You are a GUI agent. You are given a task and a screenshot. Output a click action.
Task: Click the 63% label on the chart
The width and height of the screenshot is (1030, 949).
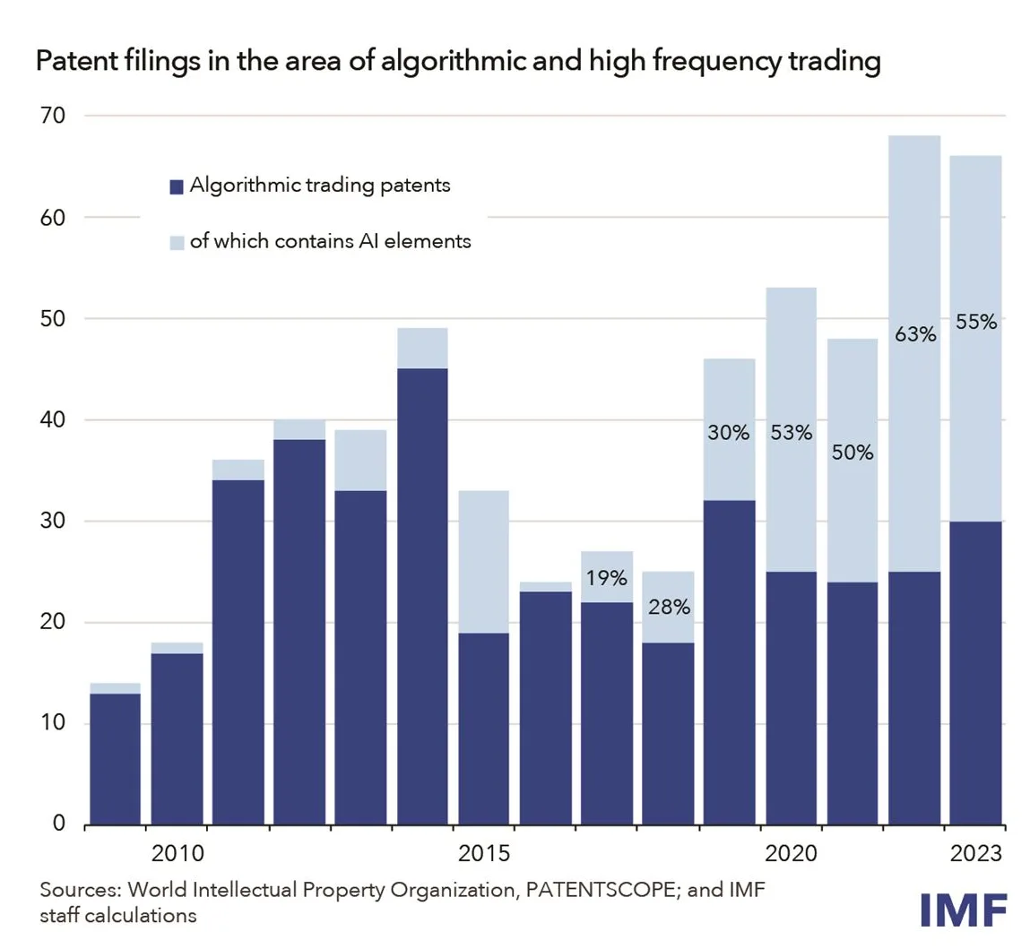(914, 336)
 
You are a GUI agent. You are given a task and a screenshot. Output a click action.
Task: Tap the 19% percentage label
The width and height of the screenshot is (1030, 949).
(607, 579)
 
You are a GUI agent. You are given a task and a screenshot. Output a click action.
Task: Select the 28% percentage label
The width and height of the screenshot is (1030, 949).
(670, 608)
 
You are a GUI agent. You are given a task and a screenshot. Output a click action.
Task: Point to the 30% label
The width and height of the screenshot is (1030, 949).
(729, 433)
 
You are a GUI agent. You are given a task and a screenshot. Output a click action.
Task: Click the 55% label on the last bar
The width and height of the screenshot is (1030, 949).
(976, 323)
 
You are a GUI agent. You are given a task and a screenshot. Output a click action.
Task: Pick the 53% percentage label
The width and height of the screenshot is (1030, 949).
(791, 433)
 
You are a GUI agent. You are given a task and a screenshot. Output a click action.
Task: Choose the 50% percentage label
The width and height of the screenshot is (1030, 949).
(852, 453)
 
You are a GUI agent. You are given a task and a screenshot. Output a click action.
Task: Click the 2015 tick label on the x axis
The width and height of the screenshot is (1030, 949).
(484, 852)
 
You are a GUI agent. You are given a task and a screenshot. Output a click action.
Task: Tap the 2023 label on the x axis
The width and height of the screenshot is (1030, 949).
(976, 852)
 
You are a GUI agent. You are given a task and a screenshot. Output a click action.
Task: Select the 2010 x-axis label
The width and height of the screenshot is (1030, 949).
(178, 852)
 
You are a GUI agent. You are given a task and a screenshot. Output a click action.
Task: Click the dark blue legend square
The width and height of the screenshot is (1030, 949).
(177, 187)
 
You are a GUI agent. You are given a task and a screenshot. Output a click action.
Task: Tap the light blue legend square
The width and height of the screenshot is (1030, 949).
(177, 242)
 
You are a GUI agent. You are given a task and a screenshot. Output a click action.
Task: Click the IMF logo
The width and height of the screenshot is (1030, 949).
(964, 910)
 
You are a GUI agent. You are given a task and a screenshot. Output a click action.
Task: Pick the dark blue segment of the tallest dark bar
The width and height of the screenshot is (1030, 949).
(422, 596)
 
